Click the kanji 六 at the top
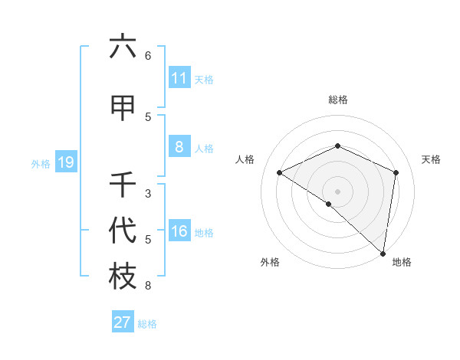point(123,47)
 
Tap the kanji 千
point(123,185)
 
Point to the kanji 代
point(123,231)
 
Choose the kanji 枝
point(123,277)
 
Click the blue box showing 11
point(179,78)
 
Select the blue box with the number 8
point(179,147)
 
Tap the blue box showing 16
point(179,231)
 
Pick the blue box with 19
point(65,162)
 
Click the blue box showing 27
point(123,322)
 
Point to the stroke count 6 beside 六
point(148,56)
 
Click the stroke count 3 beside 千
point(148,194)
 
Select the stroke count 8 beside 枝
point(148,286)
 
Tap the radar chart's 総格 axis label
point(338,100)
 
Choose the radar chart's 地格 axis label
point(402,262)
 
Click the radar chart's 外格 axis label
point(270,262)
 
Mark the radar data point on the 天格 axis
point(396,172)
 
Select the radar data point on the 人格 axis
point(280,172)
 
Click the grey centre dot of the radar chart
point(337,191)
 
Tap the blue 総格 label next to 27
point(147,324)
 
